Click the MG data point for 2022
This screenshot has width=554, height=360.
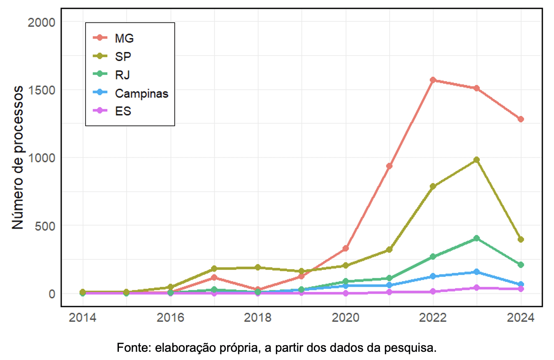(x=433, y=80)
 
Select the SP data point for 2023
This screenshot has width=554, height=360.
(x=476, y=160)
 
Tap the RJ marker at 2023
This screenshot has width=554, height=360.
(x=476, y=238)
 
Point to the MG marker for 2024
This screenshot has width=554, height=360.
(x=520, y=119)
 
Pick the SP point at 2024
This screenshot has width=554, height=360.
(x=520, y=239)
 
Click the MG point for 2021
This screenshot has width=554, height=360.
(x=389, y=166)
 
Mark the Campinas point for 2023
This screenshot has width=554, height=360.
(x=476, y=272)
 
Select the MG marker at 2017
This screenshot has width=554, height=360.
(x=214, y=278)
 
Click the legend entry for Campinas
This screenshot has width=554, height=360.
(x=141, y=93)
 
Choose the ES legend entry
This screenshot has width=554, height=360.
(x=123, y=111)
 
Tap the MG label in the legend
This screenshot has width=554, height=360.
(x=124, y=38)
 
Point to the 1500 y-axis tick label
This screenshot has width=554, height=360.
(x=41, y=90)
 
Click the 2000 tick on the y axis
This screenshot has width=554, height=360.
(x=41, y=22)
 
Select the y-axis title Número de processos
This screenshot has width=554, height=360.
(x=17, y=158)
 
